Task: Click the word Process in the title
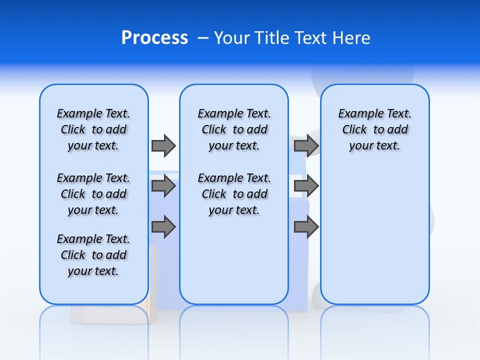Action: [154, 38]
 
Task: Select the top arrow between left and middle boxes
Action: [163, 145]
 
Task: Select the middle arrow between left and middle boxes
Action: [163, 186]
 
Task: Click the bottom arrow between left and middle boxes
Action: [163, 226]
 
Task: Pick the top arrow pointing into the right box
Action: [306, 145]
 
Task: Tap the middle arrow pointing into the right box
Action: [306, 186]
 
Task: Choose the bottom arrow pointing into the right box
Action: [306, 226]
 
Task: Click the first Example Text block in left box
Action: [93, 129]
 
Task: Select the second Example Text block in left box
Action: [93, 194]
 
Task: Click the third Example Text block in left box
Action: [93, 255]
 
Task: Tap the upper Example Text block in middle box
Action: [234, 129]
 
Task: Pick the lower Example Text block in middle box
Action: [234, 194]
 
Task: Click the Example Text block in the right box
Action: [374, 129]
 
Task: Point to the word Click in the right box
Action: [354, 129]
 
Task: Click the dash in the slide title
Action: [203, 38]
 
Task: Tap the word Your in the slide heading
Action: [232, 38]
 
